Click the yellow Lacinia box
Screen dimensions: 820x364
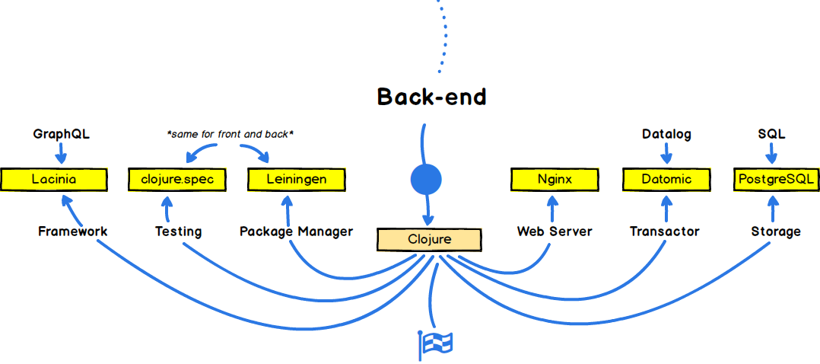point(54,180)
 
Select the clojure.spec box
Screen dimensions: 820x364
point(177,180)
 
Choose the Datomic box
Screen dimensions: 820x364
point(666,180)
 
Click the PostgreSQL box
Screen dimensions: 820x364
point(776,180)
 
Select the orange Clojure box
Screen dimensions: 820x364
point(428,239)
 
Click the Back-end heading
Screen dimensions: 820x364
point(432,97)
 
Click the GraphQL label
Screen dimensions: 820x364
point(61,135)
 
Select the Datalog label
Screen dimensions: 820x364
point(667,135)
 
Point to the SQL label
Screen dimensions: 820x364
point(771,135)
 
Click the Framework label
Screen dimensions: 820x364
point(73,231)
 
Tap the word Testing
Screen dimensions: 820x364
point(178,231)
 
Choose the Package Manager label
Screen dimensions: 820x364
point(297,231)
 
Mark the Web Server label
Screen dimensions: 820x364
point(555,231)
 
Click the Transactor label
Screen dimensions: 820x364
point(665,231)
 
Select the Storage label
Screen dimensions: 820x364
point(776,231)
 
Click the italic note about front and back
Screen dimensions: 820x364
point(230,135)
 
